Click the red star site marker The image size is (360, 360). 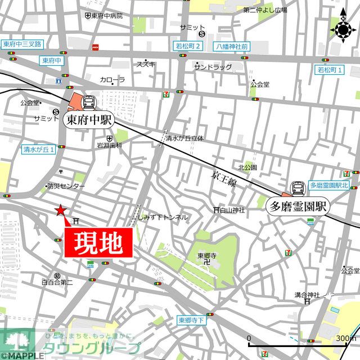tap(60, 210)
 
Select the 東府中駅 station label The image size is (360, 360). tap(91, 119)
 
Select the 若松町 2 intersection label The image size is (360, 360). tap(187, 46)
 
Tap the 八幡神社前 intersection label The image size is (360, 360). tap(231, 46)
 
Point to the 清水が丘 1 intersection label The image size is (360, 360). tap(38, 150)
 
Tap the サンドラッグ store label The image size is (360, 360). tap(213, 66)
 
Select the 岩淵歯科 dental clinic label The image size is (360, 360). tap(109, 145)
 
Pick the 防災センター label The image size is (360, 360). tap(66, 186)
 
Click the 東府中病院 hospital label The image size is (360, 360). tap(107, 16)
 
